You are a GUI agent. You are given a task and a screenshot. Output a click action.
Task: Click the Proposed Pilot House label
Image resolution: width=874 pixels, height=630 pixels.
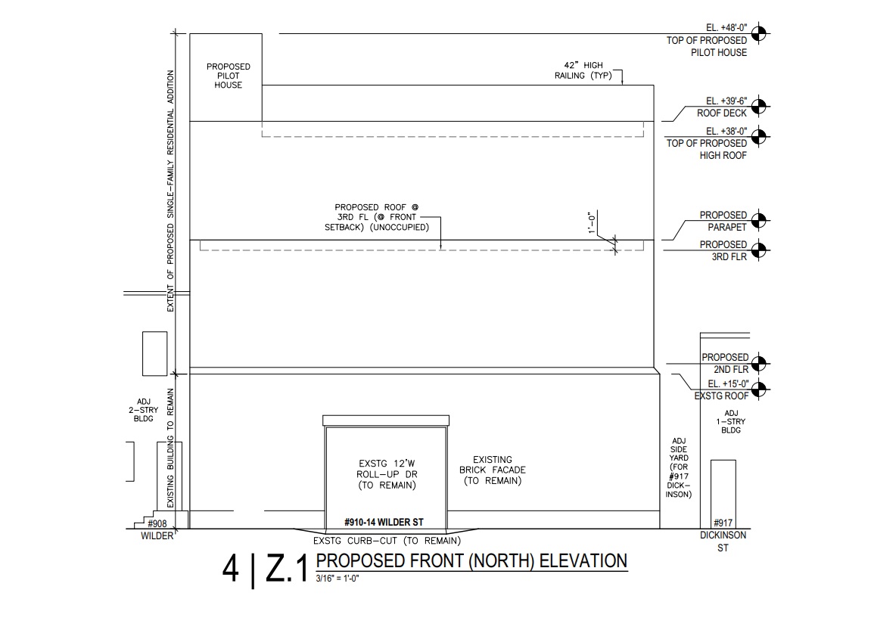tap(228, 76)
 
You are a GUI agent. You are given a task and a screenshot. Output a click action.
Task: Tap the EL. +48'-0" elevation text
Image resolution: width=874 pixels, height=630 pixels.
tap(726, 28)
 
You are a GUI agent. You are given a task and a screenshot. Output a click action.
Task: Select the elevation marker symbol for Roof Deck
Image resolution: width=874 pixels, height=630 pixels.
tap(758, 106)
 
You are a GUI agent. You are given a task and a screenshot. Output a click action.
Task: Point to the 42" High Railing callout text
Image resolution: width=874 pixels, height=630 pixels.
tap(583, 70)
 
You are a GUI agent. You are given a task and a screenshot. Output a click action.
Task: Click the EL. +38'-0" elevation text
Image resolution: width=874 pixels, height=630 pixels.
tap(726, 131)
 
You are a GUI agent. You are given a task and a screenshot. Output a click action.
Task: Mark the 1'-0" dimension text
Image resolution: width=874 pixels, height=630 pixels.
tap(592, 223)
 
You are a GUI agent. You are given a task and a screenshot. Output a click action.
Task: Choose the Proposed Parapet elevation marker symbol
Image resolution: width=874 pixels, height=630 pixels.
tap(758, 221)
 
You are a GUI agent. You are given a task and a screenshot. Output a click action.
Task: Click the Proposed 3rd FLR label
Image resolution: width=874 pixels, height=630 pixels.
tap(723, 250)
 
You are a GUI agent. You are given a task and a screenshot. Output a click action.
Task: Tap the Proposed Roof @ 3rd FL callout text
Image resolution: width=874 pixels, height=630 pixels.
tap(377, 217)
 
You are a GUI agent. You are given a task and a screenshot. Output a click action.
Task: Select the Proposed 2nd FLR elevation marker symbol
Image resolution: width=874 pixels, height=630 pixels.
tap(759, 364)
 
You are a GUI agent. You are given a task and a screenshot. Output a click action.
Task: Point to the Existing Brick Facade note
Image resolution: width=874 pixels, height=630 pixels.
tap(492, 470)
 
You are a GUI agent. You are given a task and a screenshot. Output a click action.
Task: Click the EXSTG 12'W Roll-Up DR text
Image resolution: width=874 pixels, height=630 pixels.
tap(387, 474)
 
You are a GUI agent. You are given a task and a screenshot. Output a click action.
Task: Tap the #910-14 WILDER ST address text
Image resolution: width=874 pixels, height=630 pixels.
tap(384, 522)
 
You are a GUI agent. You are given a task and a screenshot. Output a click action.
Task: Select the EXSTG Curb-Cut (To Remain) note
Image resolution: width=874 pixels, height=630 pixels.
tap(387, 541)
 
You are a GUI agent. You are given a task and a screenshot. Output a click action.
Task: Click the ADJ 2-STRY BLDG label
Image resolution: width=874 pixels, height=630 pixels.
tap(143, 410)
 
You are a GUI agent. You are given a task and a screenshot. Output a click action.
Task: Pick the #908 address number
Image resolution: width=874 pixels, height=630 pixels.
tap(157, 523)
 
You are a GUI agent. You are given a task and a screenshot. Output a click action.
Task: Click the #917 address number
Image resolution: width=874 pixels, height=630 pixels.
tap(723, 523)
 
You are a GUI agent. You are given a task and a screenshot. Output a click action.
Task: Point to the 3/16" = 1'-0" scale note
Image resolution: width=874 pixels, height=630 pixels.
tap(337, 579)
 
